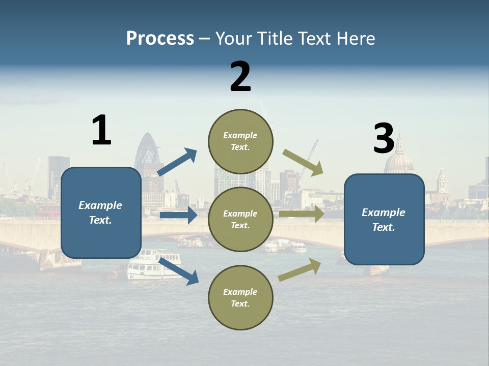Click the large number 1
[x=101, y=130]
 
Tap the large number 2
[x=240, y=77]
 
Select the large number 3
[x=384, y=139]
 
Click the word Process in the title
[x=160, y=38]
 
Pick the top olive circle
[x=240, y=141]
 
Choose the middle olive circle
[x=240, y=219]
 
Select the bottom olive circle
[x=240, y=297]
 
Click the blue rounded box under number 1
[x=101, y=212]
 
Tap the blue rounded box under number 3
[x=384, y=219]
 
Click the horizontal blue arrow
[x=178, y=215]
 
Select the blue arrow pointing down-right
[x=178, y=270]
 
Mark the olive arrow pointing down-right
[x=303, y=162]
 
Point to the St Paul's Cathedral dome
[x=399, y=161]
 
